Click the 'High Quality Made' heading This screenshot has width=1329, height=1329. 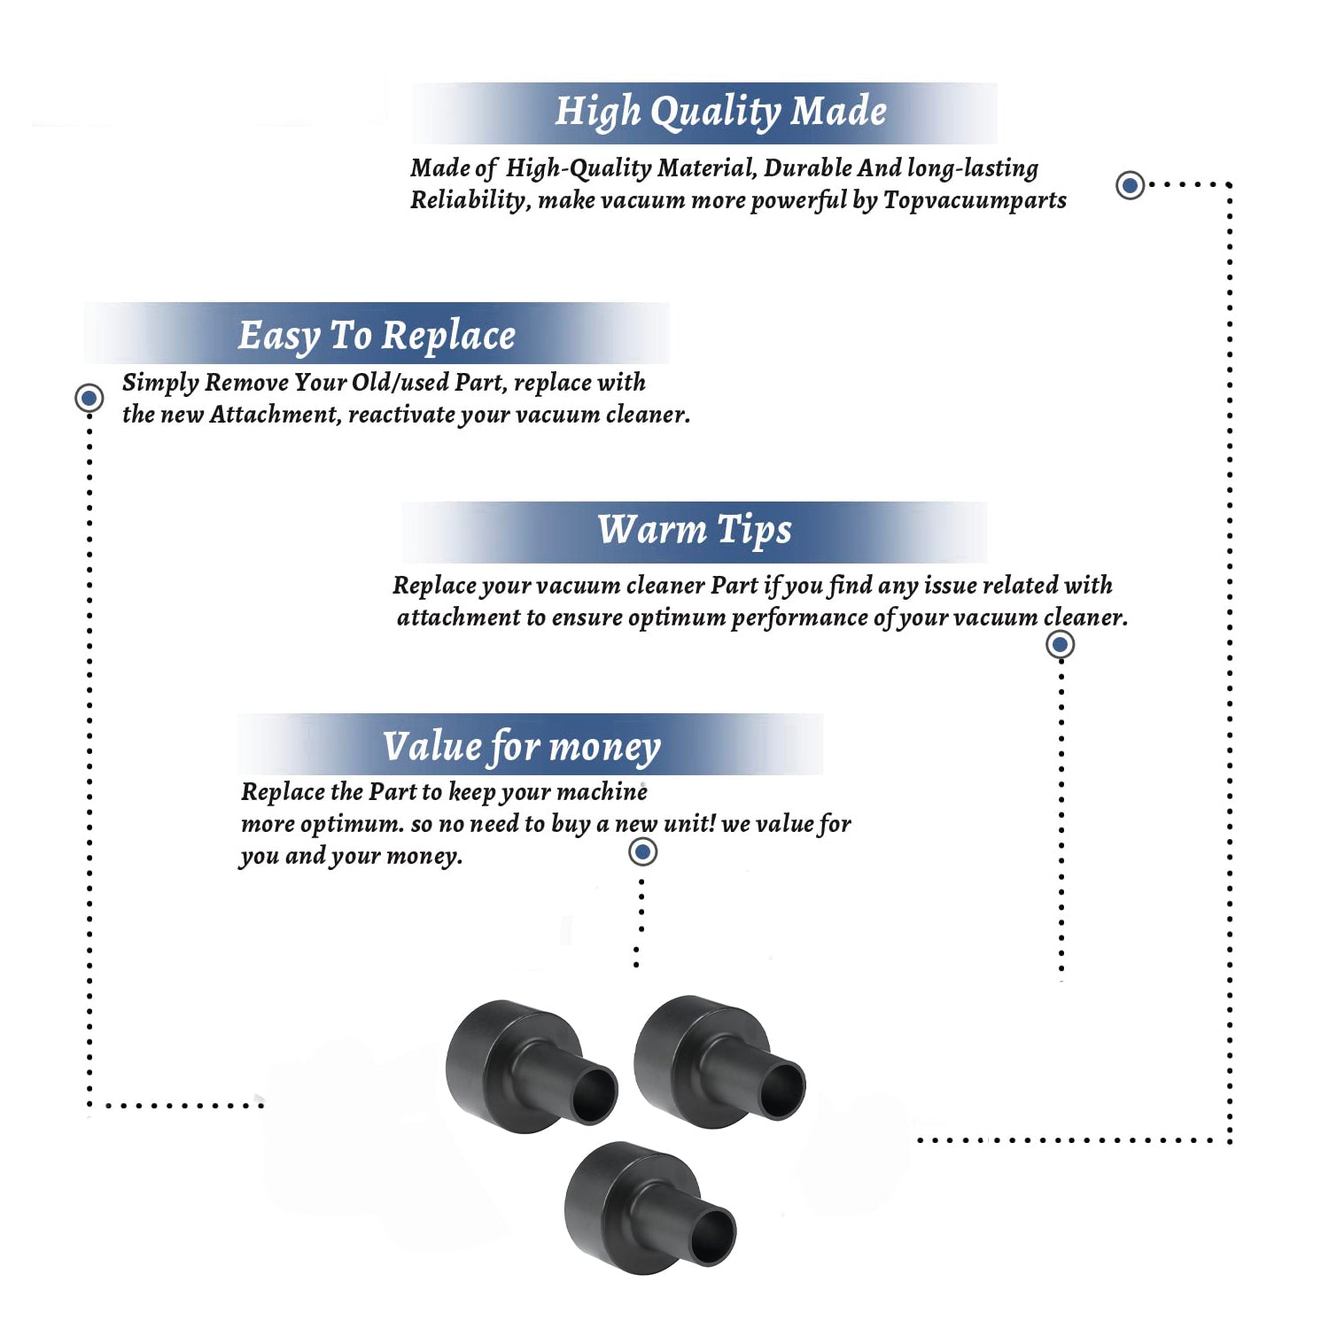[x=720, y=113]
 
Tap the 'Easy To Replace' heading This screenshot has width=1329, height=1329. [x=377, y=336]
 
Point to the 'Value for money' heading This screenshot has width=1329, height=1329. [x=522, y=747]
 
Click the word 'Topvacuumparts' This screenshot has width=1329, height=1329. [x=975, y=201]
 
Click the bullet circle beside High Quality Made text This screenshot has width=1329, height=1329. [x=1130, y=185]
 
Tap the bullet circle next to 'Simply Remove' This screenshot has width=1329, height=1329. [x=89, y=398]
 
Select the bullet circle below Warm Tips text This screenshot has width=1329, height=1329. [x=1061, y=644]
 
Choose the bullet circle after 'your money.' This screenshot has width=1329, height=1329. [x=642, y=852]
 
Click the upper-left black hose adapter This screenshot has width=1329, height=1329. [x=530, y=1066]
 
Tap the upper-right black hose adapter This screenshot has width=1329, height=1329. [x=719, y=1061]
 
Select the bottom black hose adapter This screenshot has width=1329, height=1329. [x=649, y=1209]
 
